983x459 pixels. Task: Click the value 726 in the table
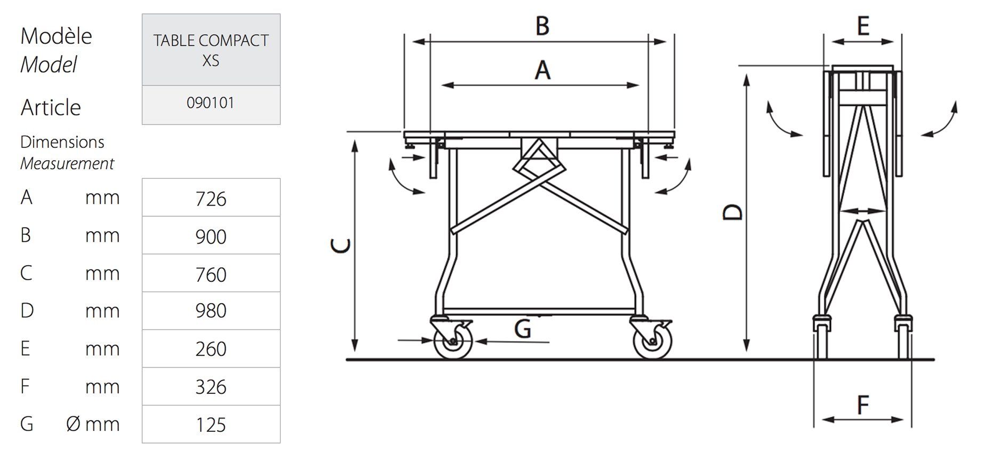(x=211, y=199)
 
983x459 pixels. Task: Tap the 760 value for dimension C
(x=211, y=274)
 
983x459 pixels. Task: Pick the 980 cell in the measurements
(x=211, y=311)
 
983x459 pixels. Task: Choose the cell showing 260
(x=211, y=349)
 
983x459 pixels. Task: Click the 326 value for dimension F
(x=211, y=387)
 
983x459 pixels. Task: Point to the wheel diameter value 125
(x=211, y=425)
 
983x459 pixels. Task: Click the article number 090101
(x=211, y=102)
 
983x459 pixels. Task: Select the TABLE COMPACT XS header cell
(x=211, y=50)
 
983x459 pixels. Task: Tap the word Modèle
(x=56, y=36)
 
